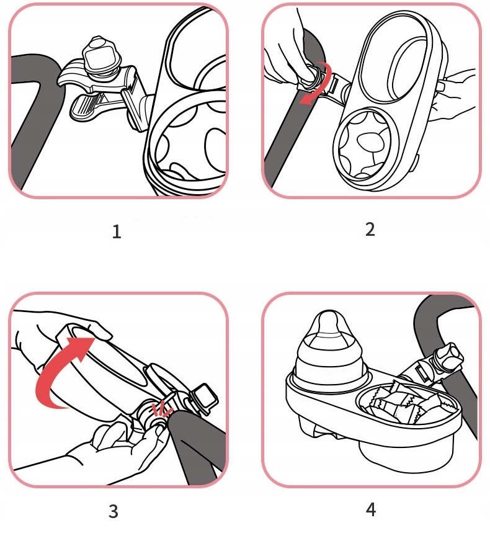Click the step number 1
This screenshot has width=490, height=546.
117,232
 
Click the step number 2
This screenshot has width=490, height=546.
370,230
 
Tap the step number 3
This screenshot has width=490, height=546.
114,511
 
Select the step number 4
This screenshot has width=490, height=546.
371,510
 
